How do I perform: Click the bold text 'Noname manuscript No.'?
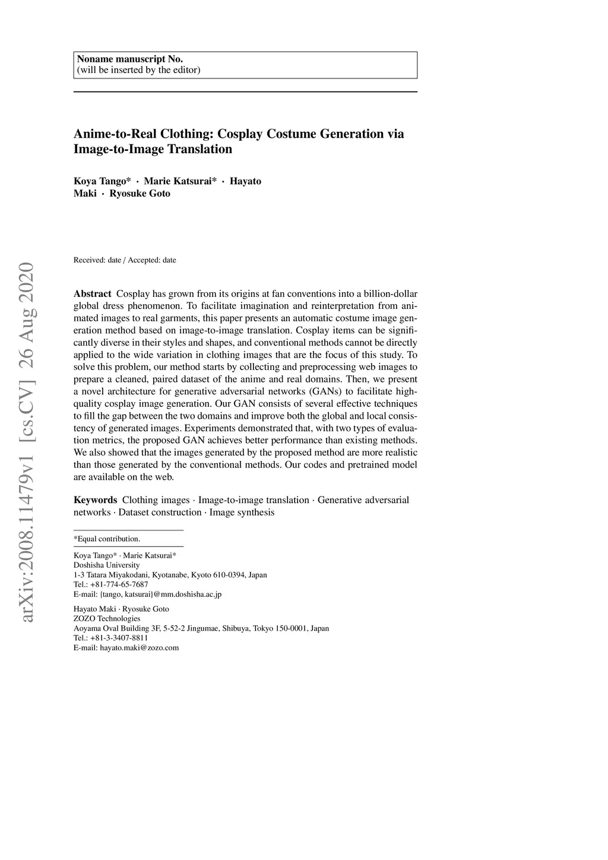[x=129, y=59]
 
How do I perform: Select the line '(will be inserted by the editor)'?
[x=138, y=70]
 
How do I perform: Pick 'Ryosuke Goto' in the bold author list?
[x=140, y=194]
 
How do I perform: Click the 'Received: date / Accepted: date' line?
[x=125, y=260]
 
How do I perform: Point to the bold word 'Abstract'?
[x=92, y=294]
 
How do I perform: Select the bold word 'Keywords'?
[x=95, y=500]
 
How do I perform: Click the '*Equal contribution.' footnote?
[x=107, y=539]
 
